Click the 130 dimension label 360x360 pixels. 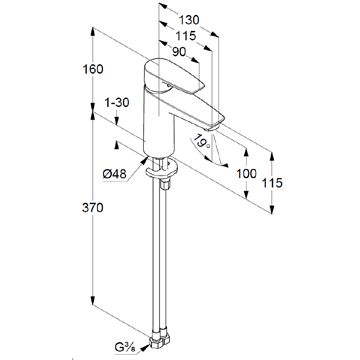coord(189,20)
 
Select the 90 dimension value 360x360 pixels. coord(179,52)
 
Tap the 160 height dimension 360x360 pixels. coord(93,69)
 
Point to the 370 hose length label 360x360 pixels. coord(93,208)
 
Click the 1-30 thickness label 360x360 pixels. coord(116,103)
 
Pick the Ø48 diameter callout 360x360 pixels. coord(115,174)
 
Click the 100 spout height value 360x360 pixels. coord(246,173)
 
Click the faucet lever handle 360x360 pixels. coord(172,77)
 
